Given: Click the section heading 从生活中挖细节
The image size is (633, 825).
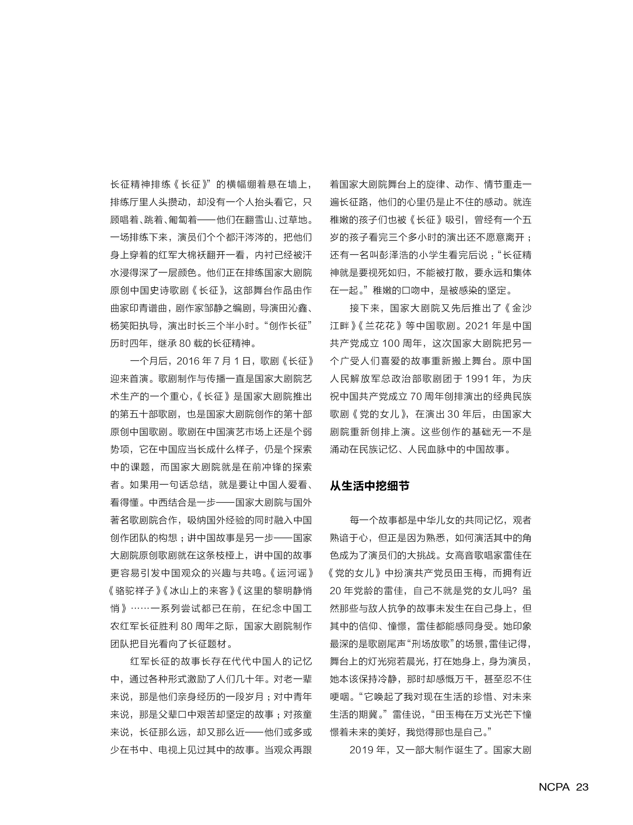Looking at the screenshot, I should coord(370,486).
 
